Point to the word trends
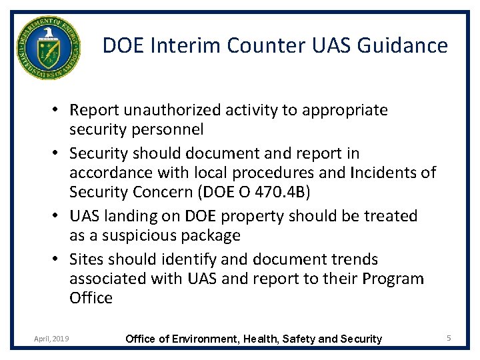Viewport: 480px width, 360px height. [x=349, y=259]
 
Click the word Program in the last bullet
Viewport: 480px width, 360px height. [x=391, y=278]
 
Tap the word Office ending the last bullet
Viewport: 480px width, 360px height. [x=91, y=297]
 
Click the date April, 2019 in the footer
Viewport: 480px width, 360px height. [x=51, y=339]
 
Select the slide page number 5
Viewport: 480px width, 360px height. [x=449, y=339]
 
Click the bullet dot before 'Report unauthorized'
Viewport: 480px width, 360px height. [x=59, y=109]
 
